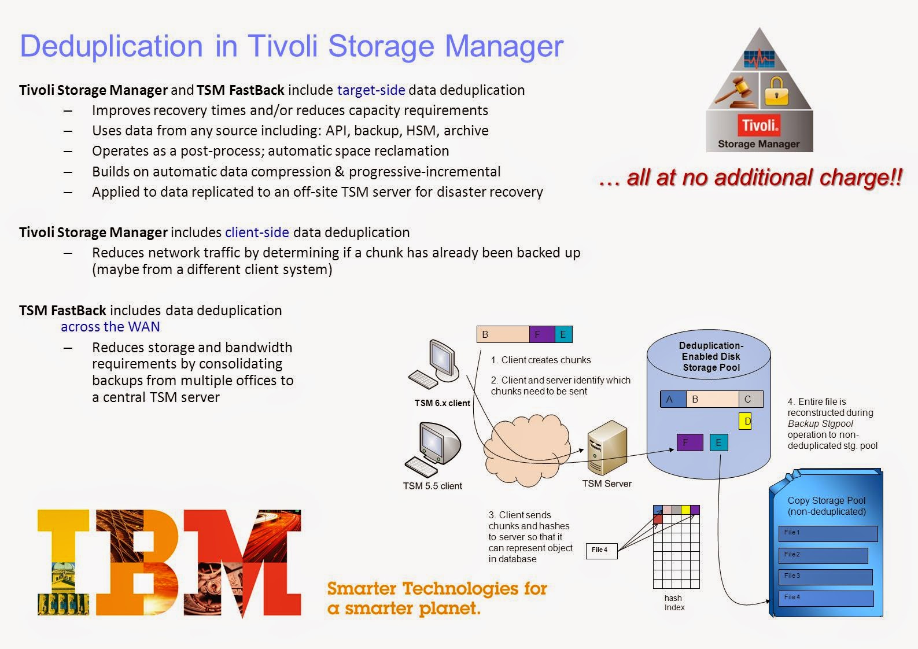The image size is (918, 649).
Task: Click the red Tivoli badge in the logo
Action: [x=760, y=125]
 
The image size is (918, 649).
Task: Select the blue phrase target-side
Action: [x=371, y=90]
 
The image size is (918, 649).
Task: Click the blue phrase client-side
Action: [x=257, y=233]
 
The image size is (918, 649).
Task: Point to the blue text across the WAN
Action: [x=110, y=327]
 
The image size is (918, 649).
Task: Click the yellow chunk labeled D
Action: [x=746, y=421]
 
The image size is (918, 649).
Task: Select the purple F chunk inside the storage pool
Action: [x=690, y=443]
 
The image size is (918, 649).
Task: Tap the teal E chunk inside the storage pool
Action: [x=718, y=443]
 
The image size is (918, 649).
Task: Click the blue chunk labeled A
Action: [x=673, y=399]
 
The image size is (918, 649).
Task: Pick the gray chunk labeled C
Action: [x=750, y=399]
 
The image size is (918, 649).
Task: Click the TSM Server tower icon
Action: [x=607, y=447]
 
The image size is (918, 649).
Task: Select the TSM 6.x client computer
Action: [x=436, y=364]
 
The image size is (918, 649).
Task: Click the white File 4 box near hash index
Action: [x=601, y=550]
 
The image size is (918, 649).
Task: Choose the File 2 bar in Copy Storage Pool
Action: [x=823, y=555]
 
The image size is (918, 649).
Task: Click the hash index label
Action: [x=673, y=603]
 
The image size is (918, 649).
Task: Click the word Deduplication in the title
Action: [x=111, y=46]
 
